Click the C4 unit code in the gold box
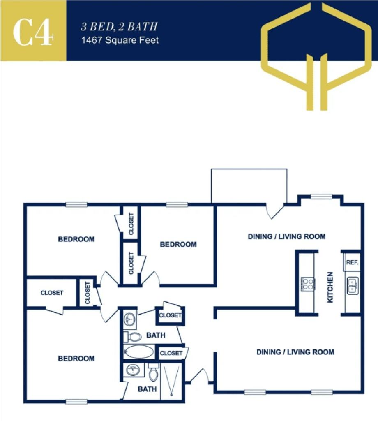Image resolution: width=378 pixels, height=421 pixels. (x=33, y=31)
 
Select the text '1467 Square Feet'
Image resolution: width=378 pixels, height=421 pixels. (x=120, y=40)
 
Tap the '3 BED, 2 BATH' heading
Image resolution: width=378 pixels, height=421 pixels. (x=119, y=27)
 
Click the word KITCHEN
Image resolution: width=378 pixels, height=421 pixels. (x=330, y=287)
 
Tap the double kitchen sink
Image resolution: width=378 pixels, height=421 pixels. (x=353, y=286)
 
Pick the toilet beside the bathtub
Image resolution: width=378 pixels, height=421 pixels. (x=133, y=337)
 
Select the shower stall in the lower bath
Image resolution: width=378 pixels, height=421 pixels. (x=171, y=381)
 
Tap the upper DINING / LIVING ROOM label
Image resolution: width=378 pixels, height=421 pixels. (x=287, y=236)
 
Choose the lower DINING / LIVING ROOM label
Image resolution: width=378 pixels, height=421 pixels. (x=295, y=352)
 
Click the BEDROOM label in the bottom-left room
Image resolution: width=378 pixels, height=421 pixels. (x=76, y=359)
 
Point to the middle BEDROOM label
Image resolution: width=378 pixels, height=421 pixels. (x=178, y=244)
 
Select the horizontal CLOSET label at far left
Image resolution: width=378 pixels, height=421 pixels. (x=52, y=293)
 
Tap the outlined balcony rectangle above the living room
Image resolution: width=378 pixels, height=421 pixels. (x=249, y=185)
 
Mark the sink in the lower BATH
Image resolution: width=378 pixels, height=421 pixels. (x=132, y=369)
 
